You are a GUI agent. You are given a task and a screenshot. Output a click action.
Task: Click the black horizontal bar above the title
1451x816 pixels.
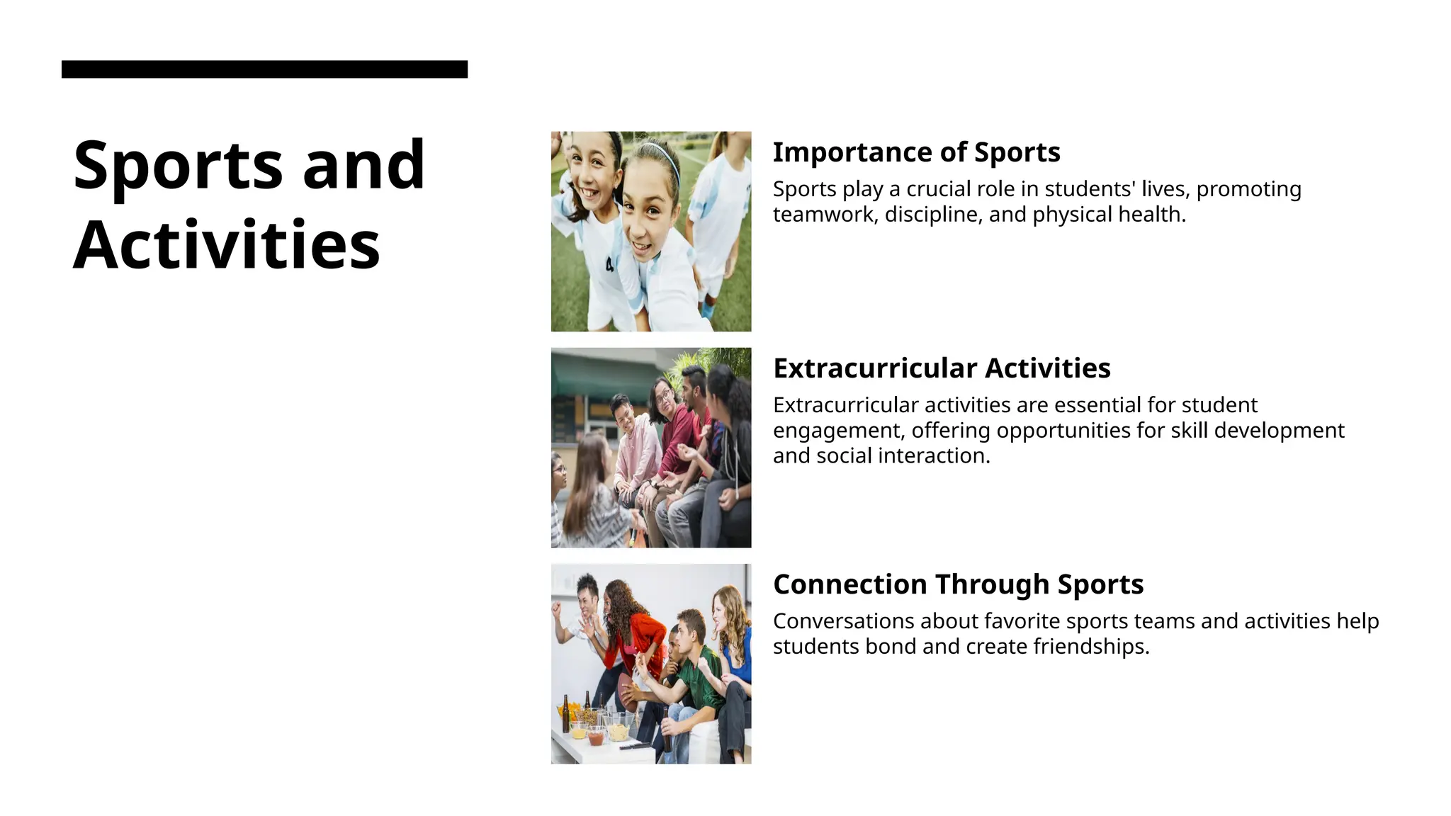(x=264, y=69)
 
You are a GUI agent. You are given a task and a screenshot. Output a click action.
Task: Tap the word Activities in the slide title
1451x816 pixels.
(x=227, y=245)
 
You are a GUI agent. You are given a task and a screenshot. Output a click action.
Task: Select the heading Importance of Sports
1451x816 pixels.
(x=916, y=152)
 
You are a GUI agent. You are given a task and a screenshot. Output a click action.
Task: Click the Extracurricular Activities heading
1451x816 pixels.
(x=942, y=368)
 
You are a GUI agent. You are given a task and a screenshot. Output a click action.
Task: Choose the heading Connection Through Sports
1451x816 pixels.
(x=958, y=584)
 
